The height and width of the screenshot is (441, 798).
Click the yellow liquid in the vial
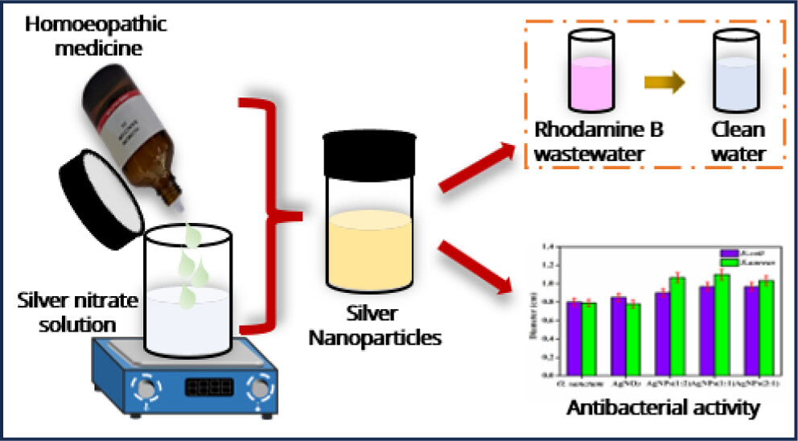pos(364,249)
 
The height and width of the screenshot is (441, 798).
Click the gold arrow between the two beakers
pos(665,80)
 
